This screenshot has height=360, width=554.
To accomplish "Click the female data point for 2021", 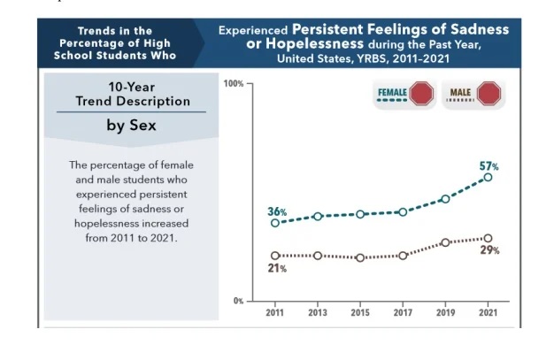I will [x=488, y=178].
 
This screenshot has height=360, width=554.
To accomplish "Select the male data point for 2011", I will [x=275, y=256].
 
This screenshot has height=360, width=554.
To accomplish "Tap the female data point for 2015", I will [x=360, y=214].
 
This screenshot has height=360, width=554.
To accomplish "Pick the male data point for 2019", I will [x=445, y=242].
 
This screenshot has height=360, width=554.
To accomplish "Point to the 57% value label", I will [x=489, y=165].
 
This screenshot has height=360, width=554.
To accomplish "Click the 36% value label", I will [x=277, y=211].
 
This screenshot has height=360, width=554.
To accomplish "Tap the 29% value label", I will [x=490, y=251].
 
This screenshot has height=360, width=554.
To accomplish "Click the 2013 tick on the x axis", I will [x=318, y=312].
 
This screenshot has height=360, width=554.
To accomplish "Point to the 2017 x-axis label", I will [x=403, y=312].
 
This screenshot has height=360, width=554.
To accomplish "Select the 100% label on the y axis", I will [x=234, y=84].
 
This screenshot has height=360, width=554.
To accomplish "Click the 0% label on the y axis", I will [x=238, y=301].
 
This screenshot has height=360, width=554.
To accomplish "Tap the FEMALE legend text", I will [x=392, y=93].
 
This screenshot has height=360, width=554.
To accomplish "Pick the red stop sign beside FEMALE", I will [x=423, y=94].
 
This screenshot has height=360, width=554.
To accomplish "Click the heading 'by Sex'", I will [x=132, y=125].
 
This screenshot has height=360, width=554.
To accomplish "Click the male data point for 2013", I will [x=318, y=256].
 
